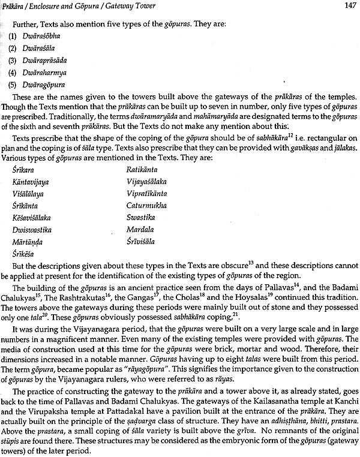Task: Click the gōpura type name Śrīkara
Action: click(x=23, y=169)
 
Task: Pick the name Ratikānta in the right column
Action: click(x=142, y=169)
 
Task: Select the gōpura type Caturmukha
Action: click(x=144, y=205)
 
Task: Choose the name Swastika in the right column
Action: click(x=140, y=217)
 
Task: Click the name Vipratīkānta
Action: click(x=146, y=193)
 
